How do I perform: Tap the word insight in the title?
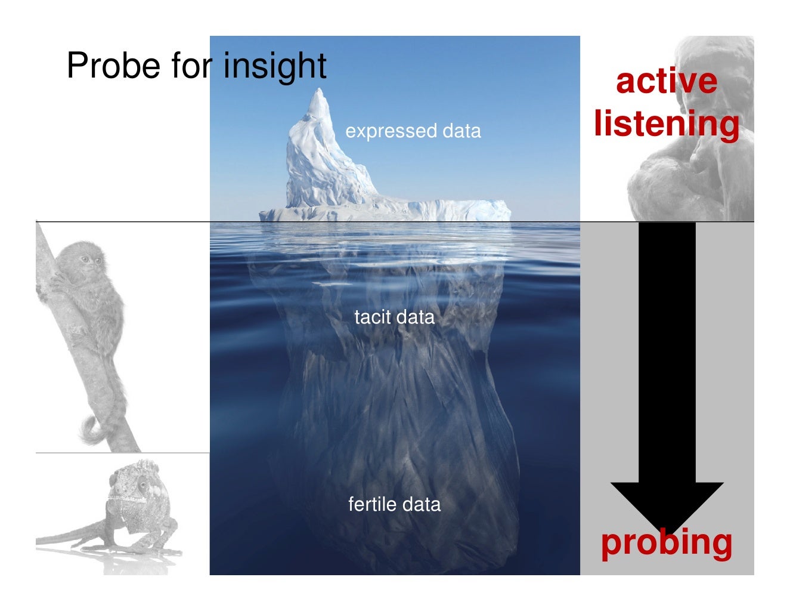(x=275, y=65)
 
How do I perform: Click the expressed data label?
(x=413, y=131)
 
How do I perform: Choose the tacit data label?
(x=394, y=317)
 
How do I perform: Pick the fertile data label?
(x=394, y=504)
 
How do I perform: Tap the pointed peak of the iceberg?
(x=320, y=93)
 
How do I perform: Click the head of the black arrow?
(x=667, y=501)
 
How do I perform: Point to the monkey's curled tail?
(x=92, y=430)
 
